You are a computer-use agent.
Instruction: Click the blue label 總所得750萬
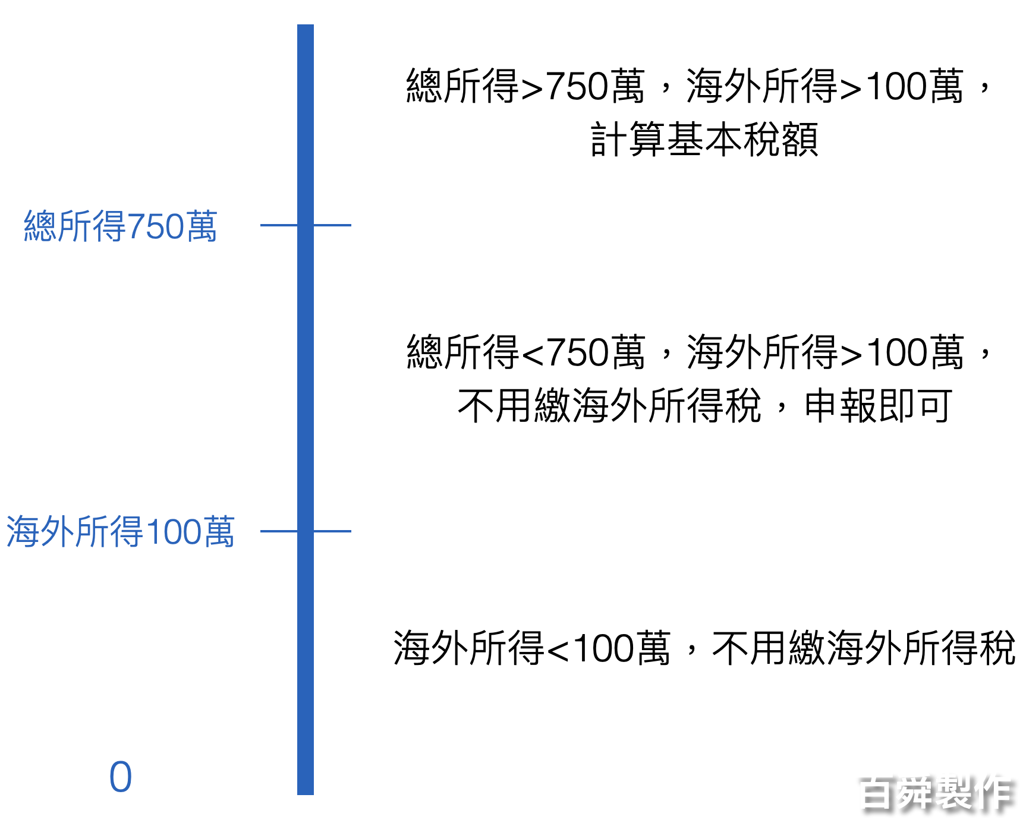120,226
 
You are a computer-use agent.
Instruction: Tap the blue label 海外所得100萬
120,531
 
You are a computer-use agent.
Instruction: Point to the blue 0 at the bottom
120,777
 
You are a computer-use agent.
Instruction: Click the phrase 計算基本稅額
704,140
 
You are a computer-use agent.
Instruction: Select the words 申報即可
878,406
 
